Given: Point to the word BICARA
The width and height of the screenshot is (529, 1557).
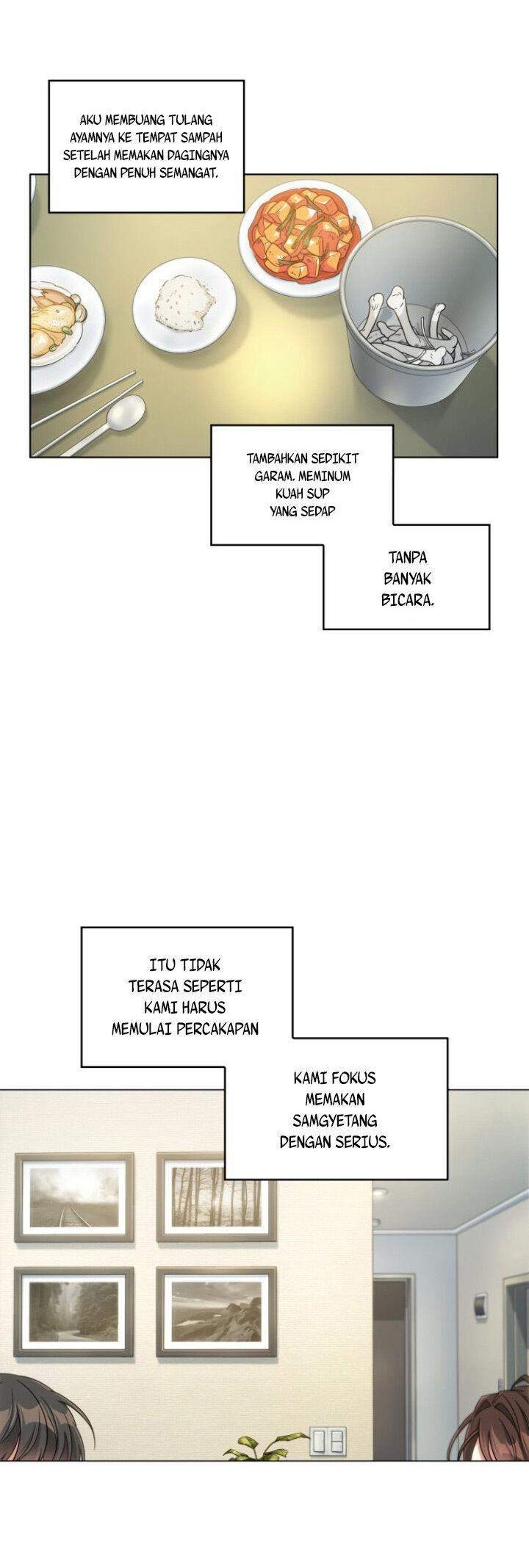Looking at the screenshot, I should (x=408, y=599).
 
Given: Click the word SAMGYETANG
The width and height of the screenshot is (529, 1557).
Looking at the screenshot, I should (x=335, y=1121).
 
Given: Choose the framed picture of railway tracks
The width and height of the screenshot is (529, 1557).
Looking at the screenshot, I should (x=74, y=1198).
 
